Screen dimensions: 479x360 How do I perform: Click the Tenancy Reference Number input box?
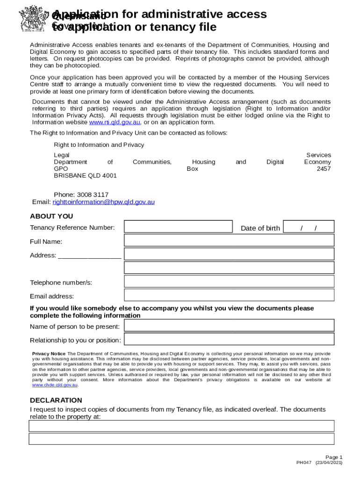178,227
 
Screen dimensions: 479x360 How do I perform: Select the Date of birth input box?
309,227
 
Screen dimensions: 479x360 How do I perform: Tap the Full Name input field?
229,240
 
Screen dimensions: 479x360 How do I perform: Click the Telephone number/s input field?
229,282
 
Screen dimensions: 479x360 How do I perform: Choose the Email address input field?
229,295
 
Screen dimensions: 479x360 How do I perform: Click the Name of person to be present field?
229,326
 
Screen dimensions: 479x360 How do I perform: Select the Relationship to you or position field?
229,340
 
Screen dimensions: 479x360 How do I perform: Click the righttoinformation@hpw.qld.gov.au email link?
103,202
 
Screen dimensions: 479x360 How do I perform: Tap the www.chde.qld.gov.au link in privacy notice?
55,385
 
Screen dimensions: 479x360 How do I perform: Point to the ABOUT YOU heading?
51,216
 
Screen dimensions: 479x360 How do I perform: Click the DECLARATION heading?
56,400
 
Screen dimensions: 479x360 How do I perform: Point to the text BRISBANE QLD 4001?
85,175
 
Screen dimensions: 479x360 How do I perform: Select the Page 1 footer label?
334,457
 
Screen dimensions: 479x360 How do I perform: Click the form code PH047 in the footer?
304,463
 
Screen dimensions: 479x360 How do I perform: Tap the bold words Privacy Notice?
49,354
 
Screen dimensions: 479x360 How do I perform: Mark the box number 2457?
324,169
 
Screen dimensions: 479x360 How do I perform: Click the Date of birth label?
260,228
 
